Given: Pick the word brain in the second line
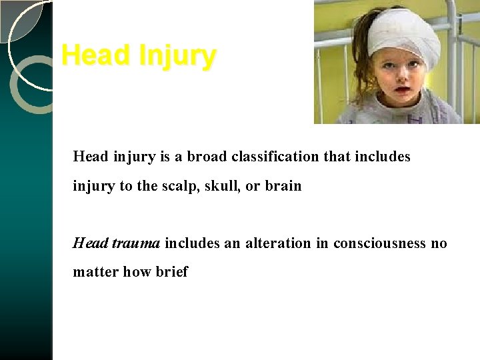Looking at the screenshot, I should (x=283, y=186).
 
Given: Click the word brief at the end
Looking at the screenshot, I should (x=173, y=272).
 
